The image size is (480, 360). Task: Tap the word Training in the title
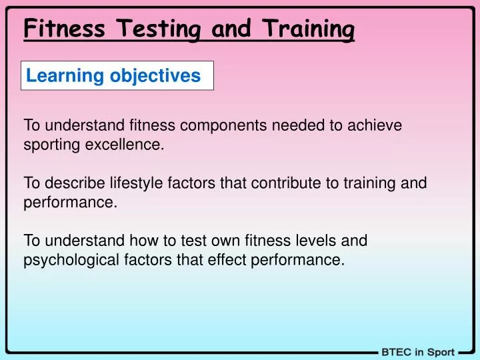(x=308, y=29)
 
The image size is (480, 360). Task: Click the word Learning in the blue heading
(x=56, y=76)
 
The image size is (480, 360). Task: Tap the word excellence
(x=130, y=143)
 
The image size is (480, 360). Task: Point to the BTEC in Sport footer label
(x=418, y=352)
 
